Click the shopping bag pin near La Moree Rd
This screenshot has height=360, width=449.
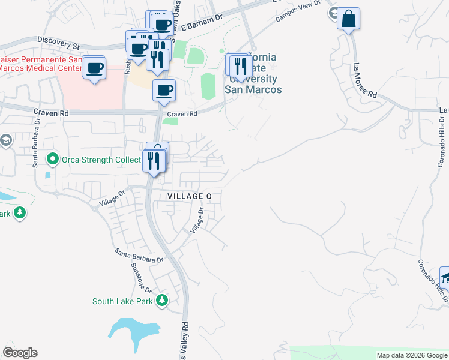click(348, 19)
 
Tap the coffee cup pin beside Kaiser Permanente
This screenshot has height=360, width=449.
click(95, 68)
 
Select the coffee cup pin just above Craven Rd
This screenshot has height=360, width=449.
click(164, 91)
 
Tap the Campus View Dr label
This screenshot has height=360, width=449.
click(295, 15)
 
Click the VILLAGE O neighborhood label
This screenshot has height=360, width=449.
click(190, 196)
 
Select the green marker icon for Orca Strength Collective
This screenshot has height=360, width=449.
click(52, 159)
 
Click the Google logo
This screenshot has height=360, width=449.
click(20, 353)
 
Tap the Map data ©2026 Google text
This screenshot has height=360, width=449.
click(412, 355)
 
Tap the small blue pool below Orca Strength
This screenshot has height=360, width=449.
click(47, 175)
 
